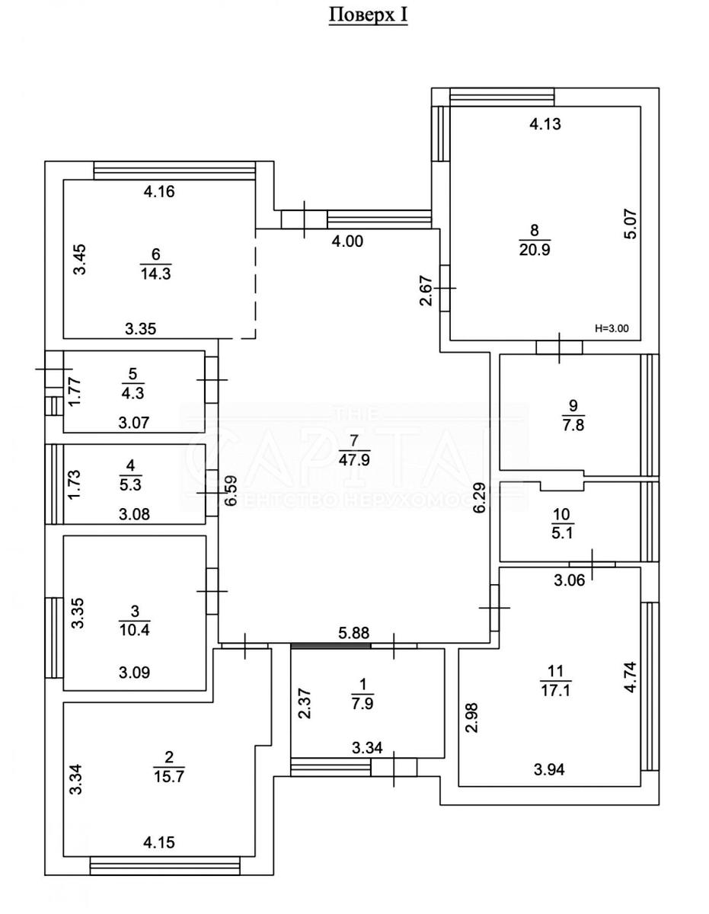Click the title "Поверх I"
tap(368, 16)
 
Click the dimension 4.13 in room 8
tap(545, 124)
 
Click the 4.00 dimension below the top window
tap(347, 241)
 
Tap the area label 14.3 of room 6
tap(155, 273)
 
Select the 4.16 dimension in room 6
tap(159, 192)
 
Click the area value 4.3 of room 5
tap(133, 394)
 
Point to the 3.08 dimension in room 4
tap(135, 513)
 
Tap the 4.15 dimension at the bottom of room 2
tap(159, 843)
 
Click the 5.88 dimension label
tap(353, 632)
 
